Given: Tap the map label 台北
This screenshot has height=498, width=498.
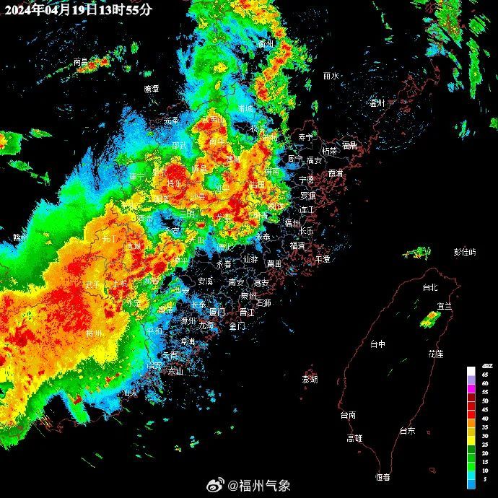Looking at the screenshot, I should pyautogui.click(x=429, y=287).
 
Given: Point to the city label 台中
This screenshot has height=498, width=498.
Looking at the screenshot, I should pyautogui.click(x=377, y=344).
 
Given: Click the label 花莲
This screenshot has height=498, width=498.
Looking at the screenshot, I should pyautogui.click(x=436, y=354).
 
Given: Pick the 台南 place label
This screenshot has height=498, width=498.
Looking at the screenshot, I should pyautogui.click(x=348, y=415).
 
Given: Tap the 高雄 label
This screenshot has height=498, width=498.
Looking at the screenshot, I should pyautogui.click(x=354, y=437).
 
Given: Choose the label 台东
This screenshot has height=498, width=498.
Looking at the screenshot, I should pyautogui.click(x=407, y=430).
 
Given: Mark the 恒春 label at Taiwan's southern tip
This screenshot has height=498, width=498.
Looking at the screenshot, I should pyautogui.click(x=383, y=476).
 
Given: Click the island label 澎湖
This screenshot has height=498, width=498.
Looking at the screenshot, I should pyautogui.click(x=310, y=379).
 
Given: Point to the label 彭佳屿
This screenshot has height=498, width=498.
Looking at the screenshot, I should pyautogui.click(x=465, y=252).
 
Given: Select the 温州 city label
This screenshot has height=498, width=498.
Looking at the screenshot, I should pyautogui.click(x=377, y=103).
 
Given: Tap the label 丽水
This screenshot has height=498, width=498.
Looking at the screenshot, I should pyautogui.click(x=331, y=75).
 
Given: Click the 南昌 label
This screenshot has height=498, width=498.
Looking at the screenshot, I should pyautogui.click(x=81, y=62).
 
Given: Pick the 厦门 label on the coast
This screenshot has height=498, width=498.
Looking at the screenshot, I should pyautogui.click(x=217, y=312).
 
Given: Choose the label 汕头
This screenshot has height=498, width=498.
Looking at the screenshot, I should pyautogui.click(x=130, y=393).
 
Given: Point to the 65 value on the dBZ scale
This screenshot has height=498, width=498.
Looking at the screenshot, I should pyautogui.click(x=485, y=375).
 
